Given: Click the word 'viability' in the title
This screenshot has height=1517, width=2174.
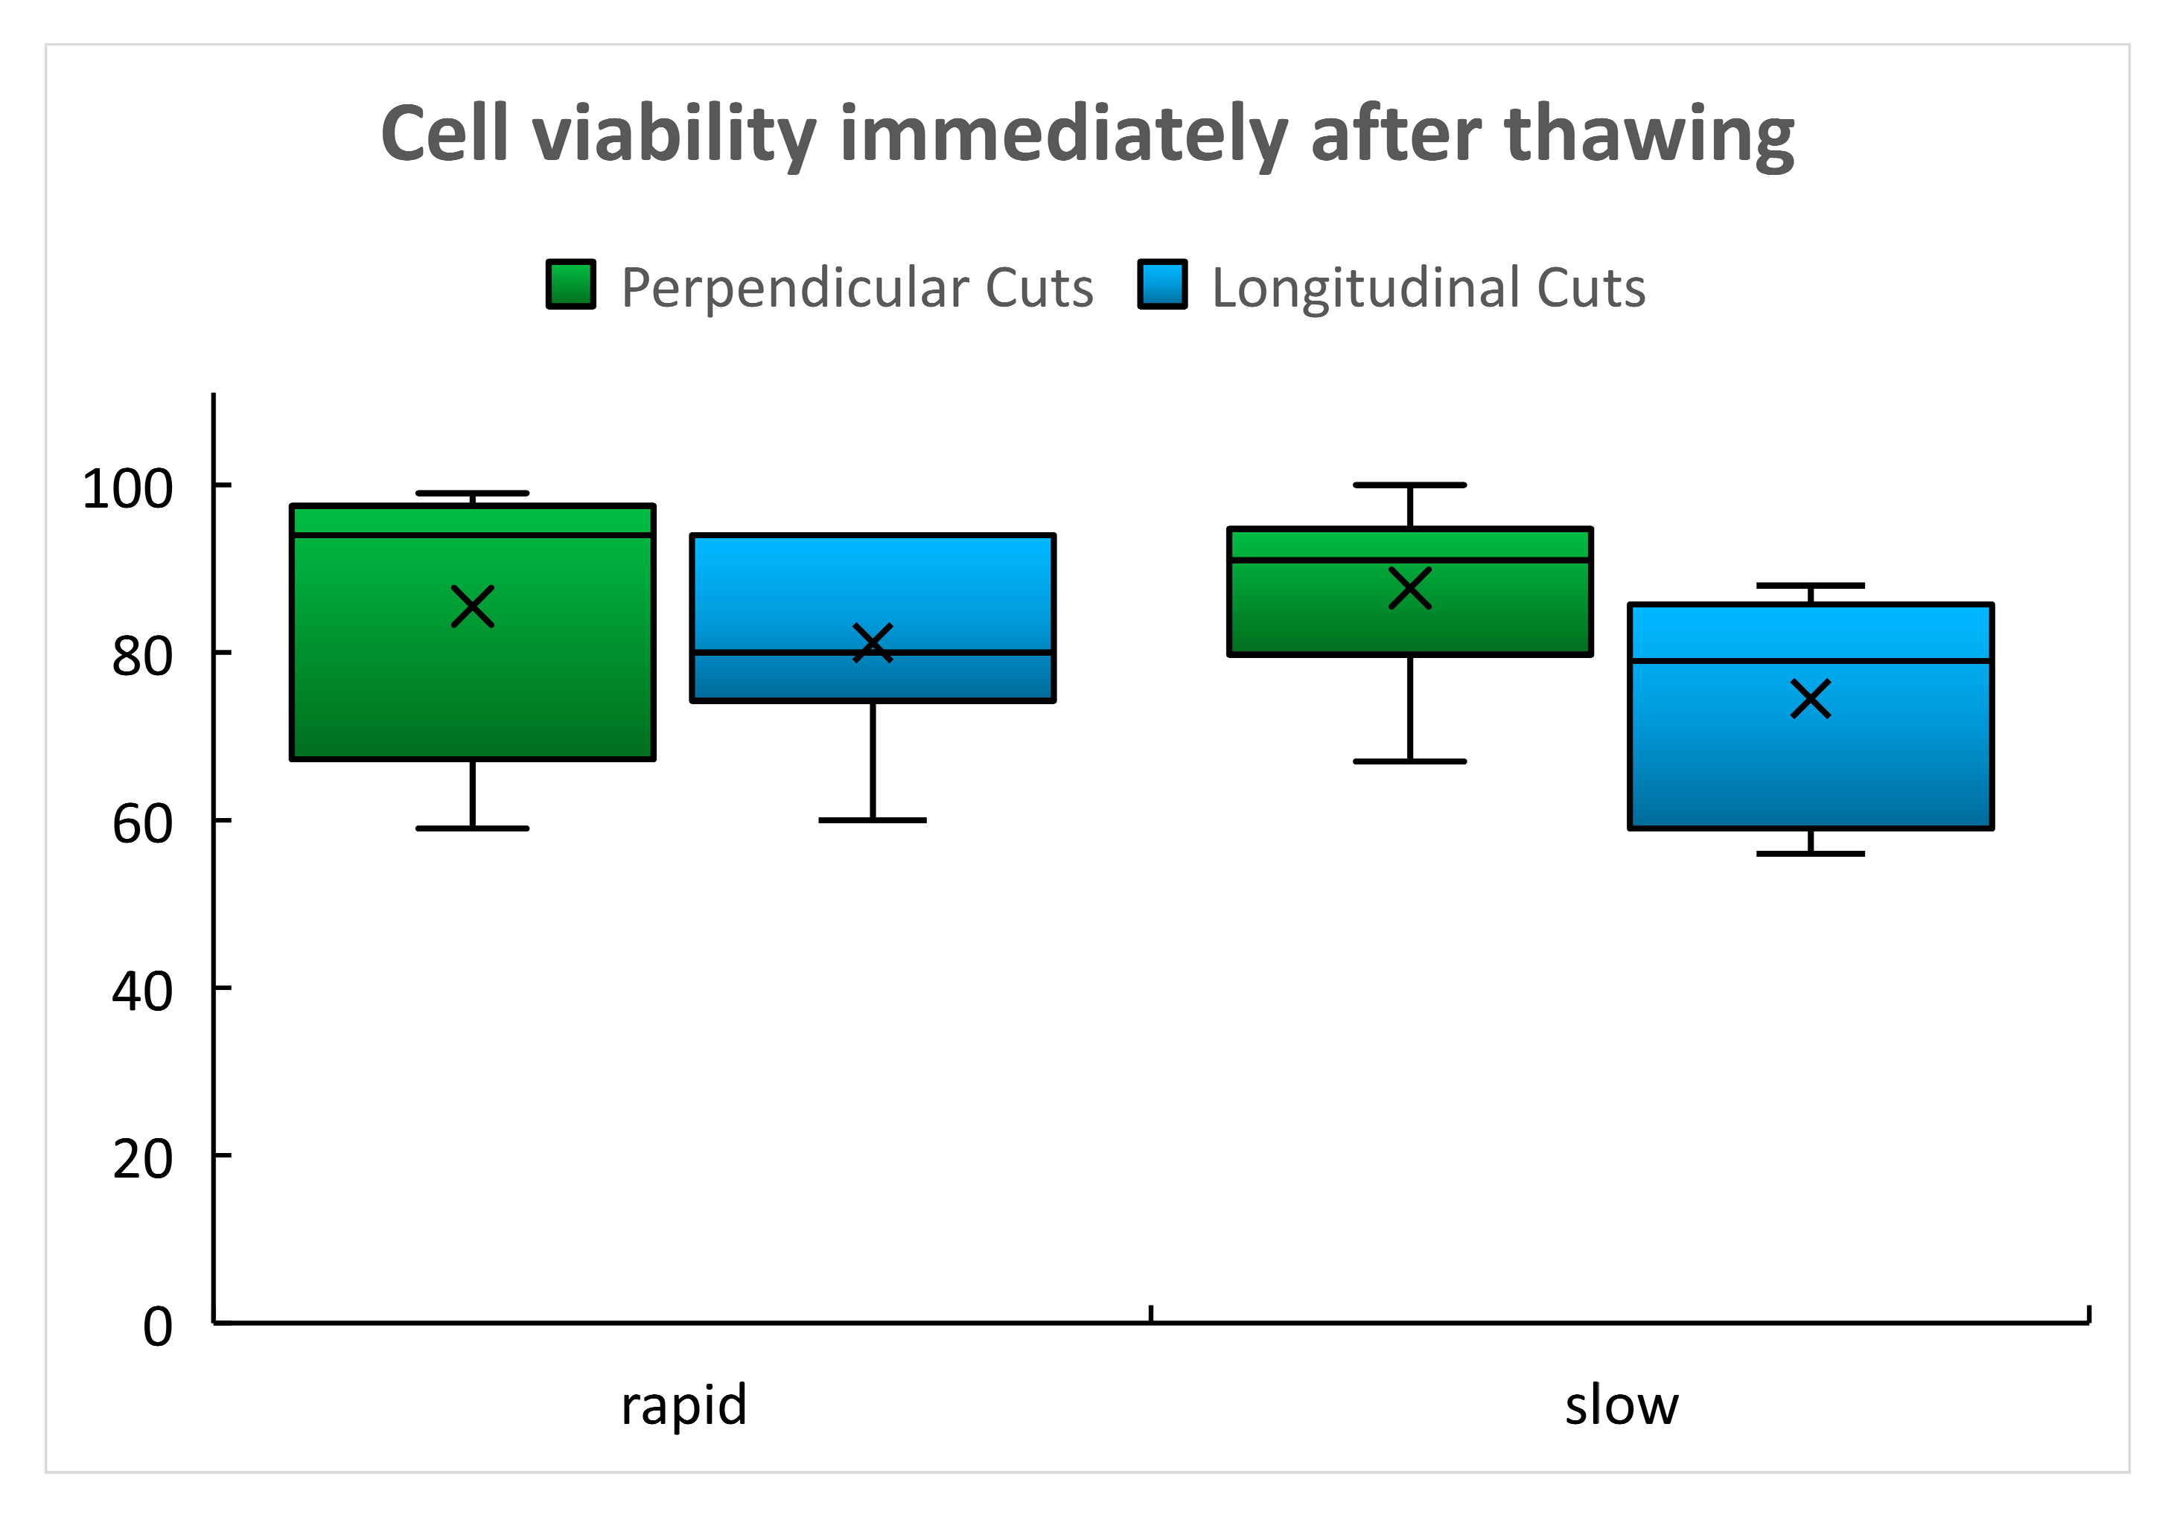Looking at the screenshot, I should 673,135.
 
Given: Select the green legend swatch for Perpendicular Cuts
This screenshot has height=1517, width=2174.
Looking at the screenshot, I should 571,284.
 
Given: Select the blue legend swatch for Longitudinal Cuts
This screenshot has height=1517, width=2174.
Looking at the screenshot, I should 1161,284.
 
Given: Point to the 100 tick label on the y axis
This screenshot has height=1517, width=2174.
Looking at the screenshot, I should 128,490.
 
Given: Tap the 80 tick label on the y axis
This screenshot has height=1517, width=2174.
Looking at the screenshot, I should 142,657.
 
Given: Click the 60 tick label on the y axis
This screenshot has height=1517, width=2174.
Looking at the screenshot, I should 142,824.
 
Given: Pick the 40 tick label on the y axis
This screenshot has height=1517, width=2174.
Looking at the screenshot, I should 142,991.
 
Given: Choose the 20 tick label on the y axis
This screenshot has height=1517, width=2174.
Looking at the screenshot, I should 142,1159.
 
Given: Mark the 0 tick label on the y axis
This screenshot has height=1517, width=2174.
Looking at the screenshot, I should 157,1326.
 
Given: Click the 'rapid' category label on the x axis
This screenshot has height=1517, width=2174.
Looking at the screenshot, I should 683,1405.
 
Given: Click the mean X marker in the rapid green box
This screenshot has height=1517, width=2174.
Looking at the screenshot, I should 473,607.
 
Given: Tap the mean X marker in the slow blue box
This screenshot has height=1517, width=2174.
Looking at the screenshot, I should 1811,699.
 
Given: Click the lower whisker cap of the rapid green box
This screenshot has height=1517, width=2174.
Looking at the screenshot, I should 473,828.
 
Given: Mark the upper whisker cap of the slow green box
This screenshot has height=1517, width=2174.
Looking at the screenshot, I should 1410,485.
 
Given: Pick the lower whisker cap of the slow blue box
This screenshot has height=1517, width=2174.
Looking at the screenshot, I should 1811,854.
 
